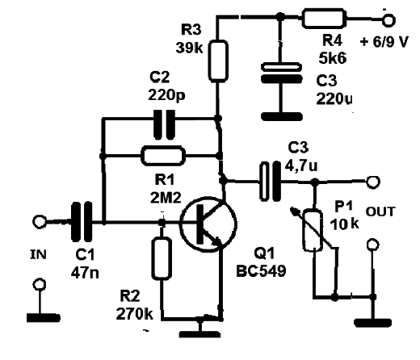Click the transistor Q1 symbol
tap(208, 224)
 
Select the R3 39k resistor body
tap(218, 61)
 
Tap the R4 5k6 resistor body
tap(324, 19)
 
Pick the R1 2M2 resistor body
tap(163, 156)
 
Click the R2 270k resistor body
tap(162, 258)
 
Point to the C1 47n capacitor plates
tap(82, 221)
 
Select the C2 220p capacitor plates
tap(164, 124)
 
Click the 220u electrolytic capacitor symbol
tap(281, 73)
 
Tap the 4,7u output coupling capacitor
tap(270, 181)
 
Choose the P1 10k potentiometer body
tap(313, 230)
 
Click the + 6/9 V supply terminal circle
tap(388, 20)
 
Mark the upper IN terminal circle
tap(40, 222)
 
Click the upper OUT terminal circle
tap(373, 182)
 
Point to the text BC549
tap(261, 270)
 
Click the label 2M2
tap(166, 199)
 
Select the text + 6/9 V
tap(384, 42)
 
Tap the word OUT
tap(380, 211)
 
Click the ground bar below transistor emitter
tap(199, 334)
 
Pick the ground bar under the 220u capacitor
tap(282, 116)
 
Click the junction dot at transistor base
tap(162, 222)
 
